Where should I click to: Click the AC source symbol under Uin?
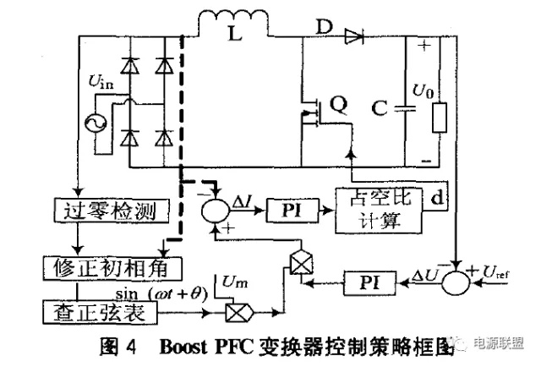pos(90,124)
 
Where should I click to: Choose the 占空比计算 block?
pos(378,208)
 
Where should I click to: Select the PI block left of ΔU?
pos(366,278)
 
